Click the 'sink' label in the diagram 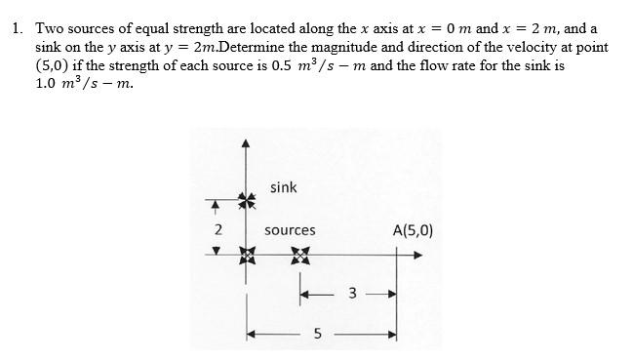pyautogui.click(x=284, y=187)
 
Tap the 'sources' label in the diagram pyautogui.click(x=290, y=230)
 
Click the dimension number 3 pyautogui.click(x=353, y=292)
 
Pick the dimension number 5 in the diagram pyautogui.click(x=317, y=334)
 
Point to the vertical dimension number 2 pyautogui.click(x=218, y=230)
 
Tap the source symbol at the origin pyautogui.click(x=246, y=256)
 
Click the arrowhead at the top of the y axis pyautogui.click(x=246, y=143)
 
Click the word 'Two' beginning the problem pyautogui.click(x=50, y=28)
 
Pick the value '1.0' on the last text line pyautogui.click(x=48, y=84)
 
